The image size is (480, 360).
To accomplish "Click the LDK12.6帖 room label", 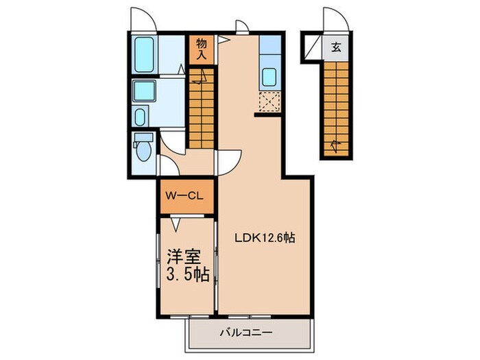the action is pos(265,237).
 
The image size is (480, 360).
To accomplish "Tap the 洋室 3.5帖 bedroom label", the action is pos(188,265).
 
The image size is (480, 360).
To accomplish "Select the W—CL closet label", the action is pos(184,196).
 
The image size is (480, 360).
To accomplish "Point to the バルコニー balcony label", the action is pos(246,332).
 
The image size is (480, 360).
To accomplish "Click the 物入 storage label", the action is pos(202,49).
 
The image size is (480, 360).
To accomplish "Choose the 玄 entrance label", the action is pos(336,47).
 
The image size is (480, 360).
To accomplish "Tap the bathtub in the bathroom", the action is pos(144,55).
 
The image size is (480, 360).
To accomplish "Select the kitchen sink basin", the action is pos(269,77).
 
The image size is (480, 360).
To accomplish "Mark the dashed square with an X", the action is pos(269,101).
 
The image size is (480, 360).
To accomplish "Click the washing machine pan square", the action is pos(144,91).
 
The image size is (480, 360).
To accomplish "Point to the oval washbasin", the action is pos(140,117).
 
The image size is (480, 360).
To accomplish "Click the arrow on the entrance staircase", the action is pos(335,147).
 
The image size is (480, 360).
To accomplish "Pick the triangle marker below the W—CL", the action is pos(176,226).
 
